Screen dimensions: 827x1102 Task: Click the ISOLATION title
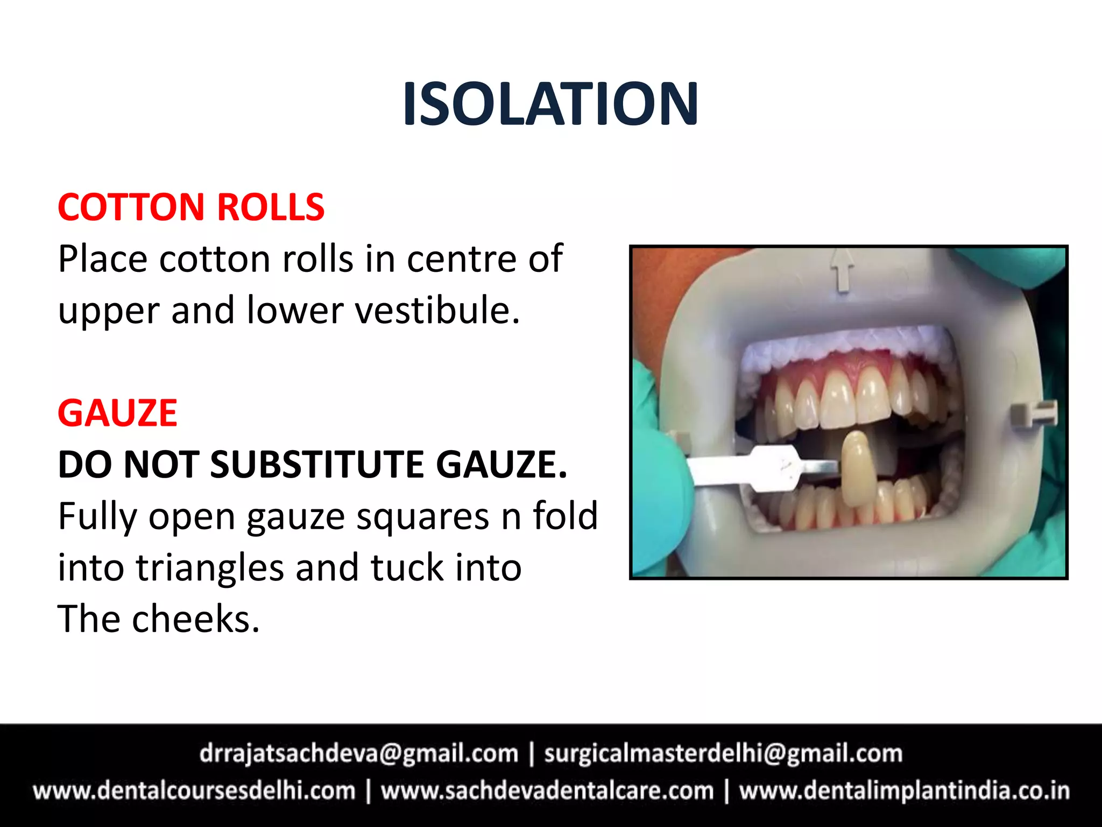[x=550, y=103]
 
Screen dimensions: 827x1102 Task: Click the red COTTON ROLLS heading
[x=191, y=207]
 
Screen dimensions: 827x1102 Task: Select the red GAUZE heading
[x=117, y=413]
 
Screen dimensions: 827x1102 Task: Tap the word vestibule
[x=437, y=311]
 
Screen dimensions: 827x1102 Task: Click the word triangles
[x=209, y=567]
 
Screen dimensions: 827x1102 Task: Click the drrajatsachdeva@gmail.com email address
[x=359, y=753]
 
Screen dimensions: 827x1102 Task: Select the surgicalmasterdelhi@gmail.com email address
[x=723, y=753]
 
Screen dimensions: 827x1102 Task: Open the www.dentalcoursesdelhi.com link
[x=194, y=791]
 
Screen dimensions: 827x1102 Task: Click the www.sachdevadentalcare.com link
[x=547, y=791]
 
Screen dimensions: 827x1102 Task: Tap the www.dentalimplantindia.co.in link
[x=903, y=791]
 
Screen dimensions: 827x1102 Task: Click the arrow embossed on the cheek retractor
[x=844, y=270]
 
